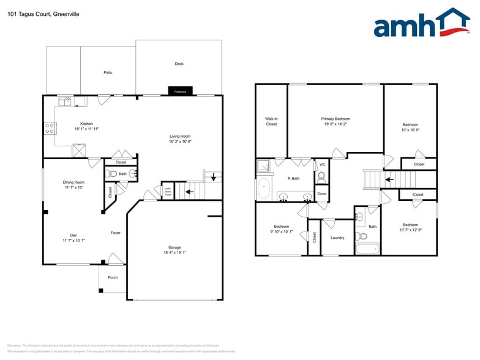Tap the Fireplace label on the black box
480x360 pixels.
tap(180, 91)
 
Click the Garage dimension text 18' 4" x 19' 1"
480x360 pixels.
tap(175, 252)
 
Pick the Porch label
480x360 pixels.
tap(113, 277)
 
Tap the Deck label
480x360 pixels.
tap(179, 64)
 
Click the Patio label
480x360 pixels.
tap(108, 72)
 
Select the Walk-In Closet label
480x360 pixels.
tap(271, 121)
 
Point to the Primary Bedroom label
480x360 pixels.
tap(336, 119)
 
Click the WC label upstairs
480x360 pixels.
tap(322, 164)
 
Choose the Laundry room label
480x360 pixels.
tap(337, 238)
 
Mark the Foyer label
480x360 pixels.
tap(116, 233)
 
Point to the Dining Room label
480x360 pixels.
tap(73, 182)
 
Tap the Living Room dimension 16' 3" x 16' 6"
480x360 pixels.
tap(181, 141)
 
